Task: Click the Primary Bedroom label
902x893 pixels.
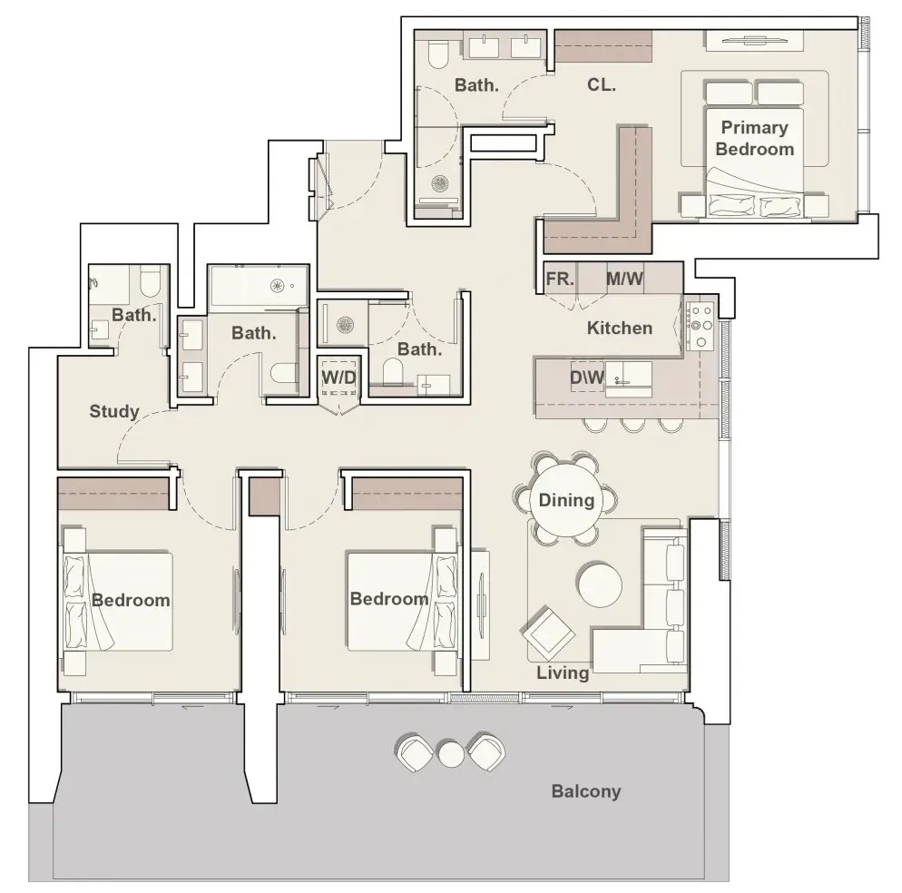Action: tap(754, 138)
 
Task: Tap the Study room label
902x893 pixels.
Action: tap(114, 411)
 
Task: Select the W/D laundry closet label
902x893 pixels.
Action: tap(338, 378)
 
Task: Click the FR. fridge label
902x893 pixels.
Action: tap(560, 280)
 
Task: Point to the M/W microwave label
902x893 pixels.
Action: tap(624, 280)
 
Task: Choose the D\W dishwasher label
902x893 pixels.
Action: tap(587, 377)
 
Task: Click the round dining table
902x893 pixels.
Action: tap(566, 500)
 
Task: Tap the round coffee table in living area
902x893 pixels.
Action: tap(600, 584)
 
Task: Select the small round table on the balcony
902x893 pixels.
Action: tap(450, 754)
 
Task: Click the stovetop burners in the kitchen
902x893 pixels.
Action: tap(701, 326)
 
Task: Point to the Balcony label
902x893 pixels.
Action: tap(586, 791)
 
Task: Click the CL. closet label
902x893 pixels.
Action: tap(602, 85)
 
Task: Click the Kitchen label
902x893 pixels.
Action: tap(620, 328)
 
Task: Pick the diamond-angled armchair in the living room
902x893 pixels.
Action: tap(548, 633)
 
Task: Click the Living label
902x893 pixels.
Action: tap(563, 672)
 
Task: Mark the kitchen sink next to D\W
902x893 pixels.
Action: tap(628, 379)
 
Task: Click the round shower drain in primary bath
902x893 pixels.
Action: tap(440, 183)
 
